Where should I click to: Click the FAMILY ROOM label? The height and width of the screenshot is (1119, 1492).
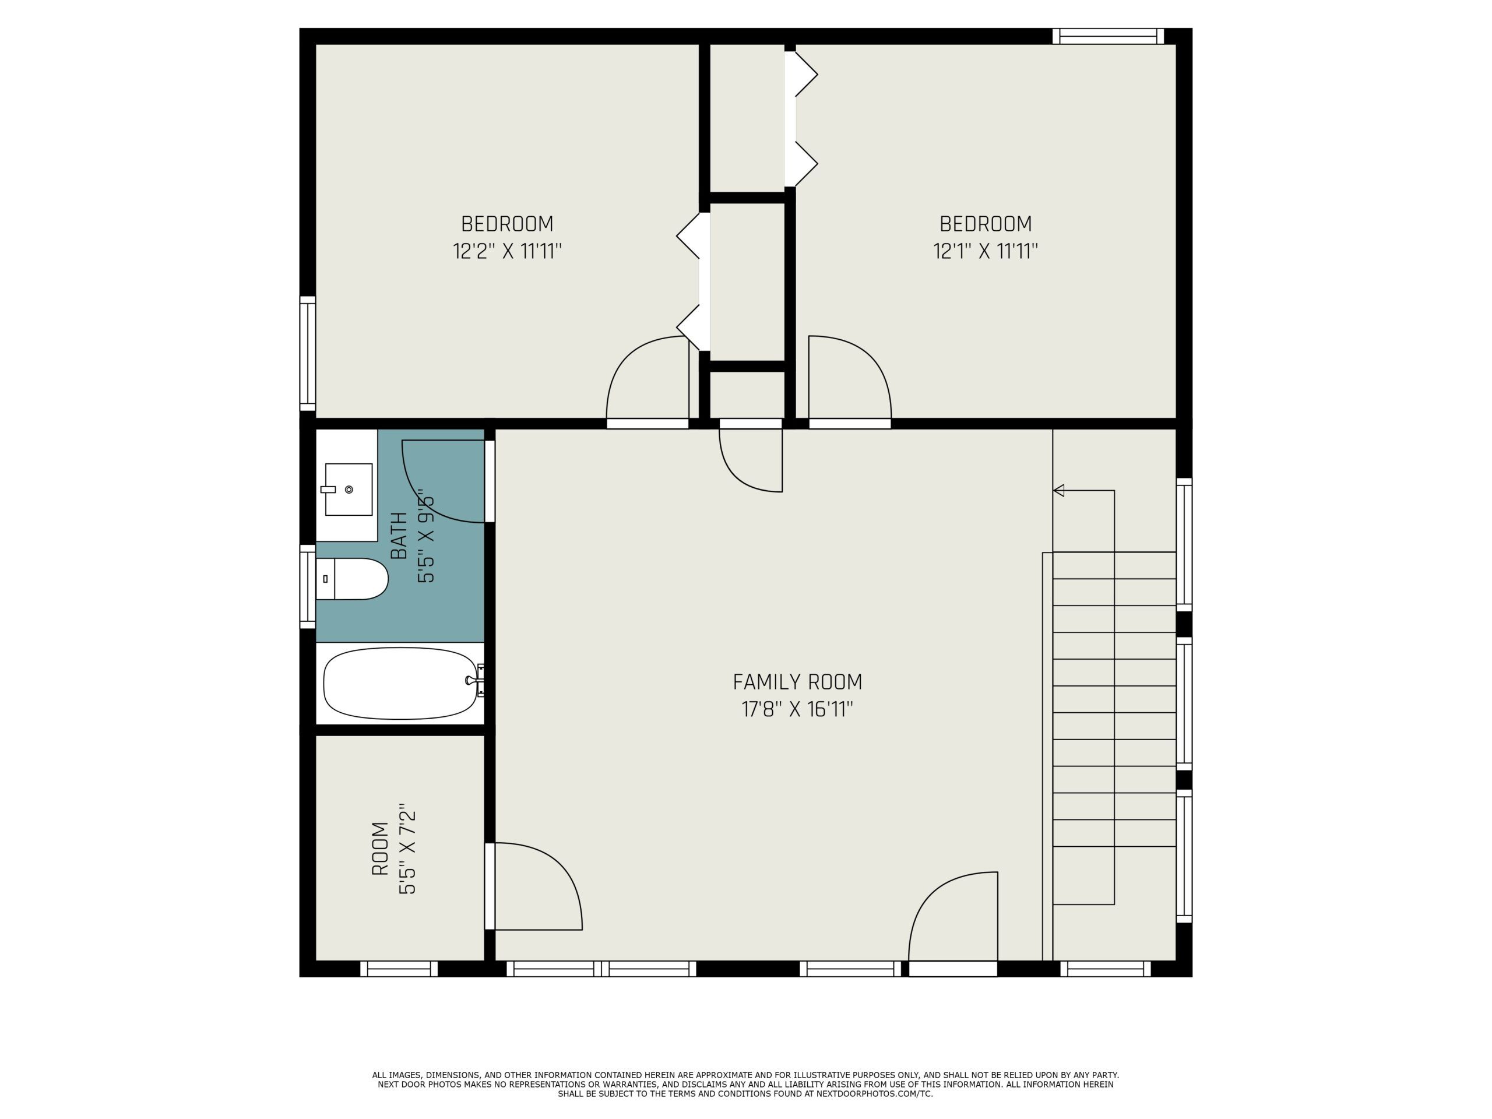coord(797,682)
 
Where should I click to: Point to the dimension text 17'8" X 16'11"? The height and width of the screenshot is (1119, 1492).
coord(797,710)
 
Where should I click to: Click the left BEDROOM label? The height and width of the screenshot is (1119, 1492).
coord(507,223)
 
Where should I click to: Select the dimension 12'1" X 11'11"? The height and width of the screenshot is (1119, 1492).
coord(986,251)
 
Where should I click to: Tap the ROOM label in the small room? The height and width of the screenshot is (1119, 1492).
coord(381,849)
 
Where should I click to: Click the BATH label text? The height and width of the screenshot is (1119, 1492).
coord(399,536)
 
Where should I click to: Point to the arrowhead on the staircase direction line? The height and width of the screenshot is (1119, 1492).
coord(1059,490)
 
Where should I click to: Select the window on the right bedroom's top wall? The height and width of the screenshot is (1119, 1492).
coord(1108,36)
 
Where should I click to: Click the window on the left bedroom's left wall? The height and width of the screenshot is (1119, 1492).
coord(308,353)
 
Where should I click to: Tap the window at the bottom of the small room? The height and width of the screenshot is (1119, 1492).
coord(399,969)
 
